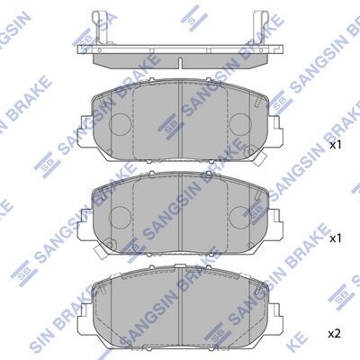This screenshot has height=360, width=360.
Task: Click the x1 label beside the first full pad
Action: (x=336, y=145)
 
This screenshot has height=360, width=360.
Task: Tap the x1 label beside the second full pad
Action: (x=336, y=238)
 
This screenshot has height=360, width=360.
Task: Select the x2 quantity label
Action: (x=334, y=334)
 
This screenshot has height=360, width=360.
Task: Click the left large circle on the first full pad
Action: (x=120, y=125)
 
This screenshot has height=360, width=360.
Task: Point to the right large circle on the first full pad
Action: (x=240, y=125)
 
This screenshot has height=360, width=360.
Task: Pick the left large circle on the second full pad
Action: (x=120, y=218)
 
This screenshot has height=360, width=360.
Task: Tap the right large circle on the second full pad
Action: (x=240, y=218)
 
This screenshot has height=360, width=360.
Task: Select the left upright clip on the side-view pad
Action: (x=100, y=28)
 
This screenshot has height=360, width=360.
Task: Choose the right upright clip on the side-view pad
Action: (x=260, y=28)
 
